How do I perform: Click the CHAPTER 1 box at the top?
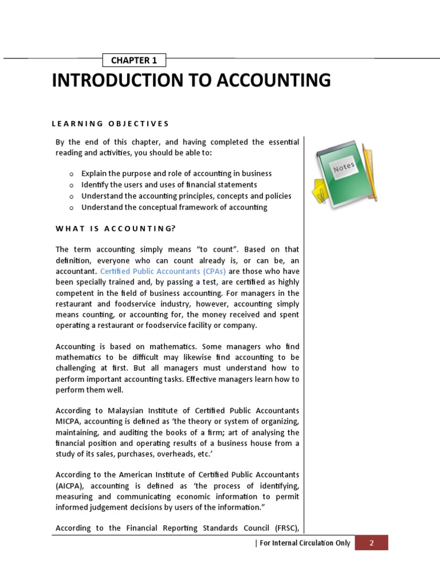coord(134,60)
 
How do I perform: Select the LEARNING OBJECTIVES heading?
coord(111,123)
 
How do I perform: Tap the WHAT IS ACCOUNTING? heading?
coord(115,228)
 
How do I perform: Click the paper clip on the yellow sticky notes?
coord(320,193)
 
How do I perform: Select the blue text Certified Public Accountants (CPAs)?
coord(163,271)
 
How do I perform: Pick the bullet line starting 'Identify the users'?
coord(169,185)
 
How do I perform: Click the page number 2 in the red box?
coord(371,543)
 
